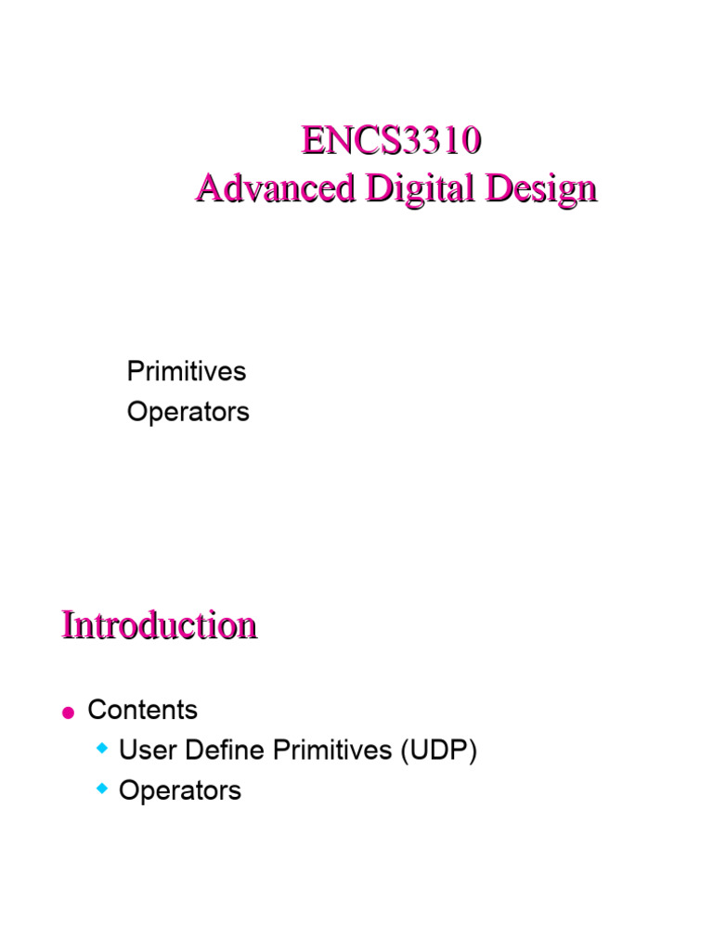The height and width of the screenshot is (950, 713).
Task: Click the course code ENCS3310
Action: (x=391, y=142)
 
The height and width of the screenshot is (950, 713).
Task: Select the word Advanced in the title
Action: (x=275, y=188)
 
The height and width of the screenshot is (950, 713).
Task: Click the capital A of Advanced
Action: (x=208, y=188)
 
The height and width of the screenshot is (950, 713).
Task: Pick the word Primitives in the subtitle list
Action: (x=186, y=372)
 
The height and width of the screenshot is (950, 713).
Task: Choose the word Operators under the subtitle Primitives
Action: (x=188, y=412)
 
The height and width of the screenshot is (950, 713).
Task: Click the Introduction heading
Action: (x=159, y=624)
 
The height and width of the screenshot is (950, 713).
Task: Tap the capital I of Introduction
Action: (x=67, y=624)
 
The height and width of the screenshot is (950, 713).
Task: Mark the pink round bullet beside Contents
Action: (x=67, y=712)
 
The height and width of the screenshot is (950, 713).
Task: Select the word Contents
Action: (x=142, y=711)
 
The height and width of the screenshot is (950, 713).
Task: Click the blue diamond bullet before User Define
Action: (x=102, y=747)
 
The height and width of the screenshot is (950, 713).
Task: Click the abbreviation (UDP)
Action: (x=439, y=751)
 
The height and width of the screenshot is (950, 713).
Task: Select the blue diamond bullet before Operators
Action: (x=102, y=787)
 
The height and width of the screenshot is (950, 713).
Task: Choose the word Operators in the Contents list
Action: (x=180, y=791)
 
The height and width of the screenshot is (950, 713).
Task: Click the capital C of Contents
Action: (x=96, y=711)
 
